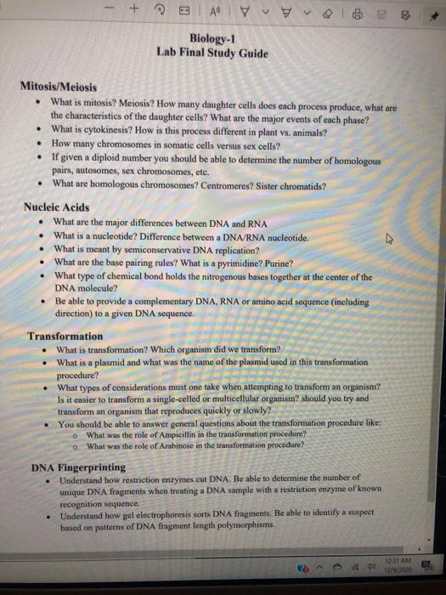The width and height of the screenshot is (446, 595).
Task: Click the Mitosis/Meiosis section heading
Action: pos(58,88)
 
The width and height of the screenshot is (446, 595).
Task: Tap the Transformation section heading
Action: pos(65,336)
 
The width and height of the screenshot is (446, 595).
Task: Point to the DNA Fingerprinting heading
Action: pos(78,467)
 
